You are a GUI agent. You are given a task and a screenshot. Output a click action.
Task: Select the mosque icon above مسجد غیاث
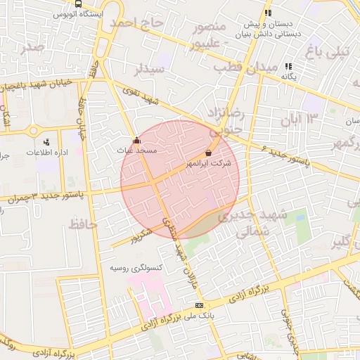(136, 140)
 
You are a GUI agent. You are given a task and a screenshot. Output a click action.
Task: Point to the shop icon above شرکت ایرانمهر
(208, 153)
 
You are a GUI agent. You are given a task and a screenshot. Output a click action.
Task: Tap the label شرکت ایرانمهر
(208, 163)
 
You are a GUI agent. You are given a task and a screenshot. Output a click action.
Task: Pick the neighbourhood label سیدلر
(149, 70)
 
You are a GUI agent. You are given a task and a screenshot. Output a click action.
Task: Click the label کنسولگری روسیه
(136, 269)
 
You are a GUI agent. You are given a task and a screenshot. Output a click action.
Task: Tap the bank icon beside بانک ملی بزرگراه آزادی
(200, 305)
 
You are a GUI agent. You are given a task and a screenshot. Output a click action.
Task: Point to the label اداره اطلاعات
(47, 152)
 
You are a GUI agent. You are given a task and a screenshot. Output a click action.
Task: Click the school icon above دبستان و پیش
(267, 13)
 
